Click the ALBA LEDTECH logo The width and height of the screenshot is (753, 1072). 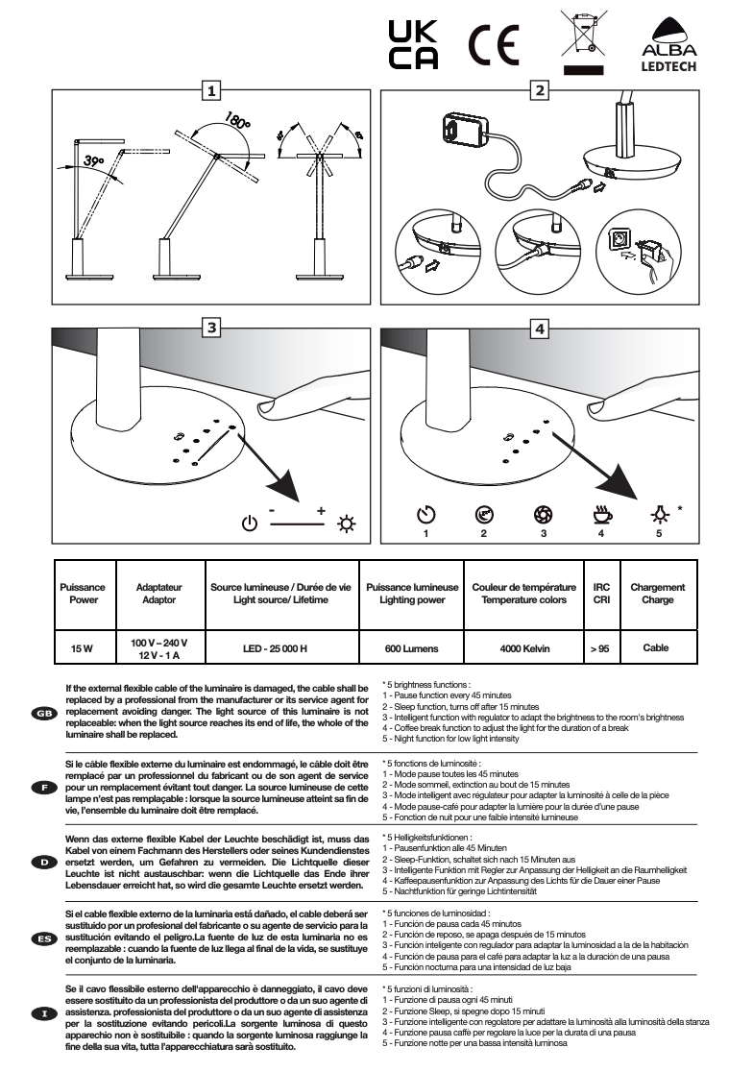point(668,46)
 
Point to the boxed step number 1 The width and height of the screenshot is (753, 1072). point(210,91)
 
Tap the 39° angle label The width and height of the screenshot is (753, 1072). point(95,160)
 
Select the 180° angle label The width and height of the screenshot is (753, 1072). point(236,125)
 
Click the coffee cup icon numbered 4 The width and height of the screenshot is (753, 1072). point(602,515)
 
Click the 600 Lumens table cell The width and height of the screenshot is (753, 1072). point(411,648)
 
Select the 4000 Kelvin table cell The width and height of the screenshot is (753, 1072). point(524,648)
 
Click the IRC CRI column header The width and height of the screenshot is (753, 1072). point(602,593)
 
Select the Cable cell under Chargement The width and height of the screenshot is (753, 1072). point(657,648)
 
